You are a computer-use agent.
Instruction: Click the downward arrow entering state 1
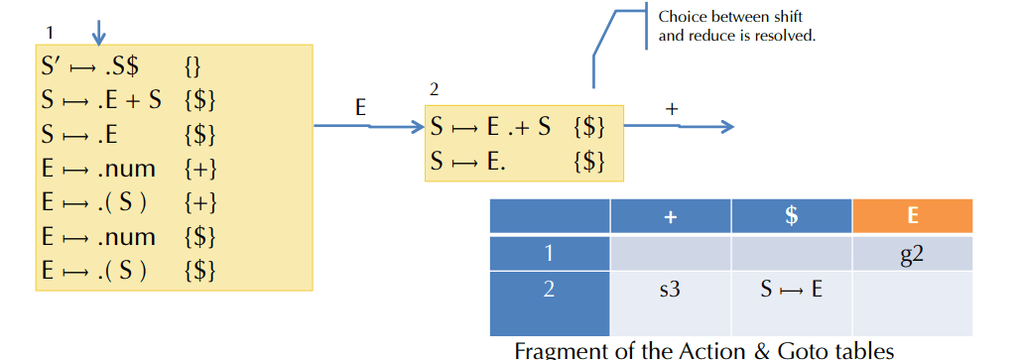98,32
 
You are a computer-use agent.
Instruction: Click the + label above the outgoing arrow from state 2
672,110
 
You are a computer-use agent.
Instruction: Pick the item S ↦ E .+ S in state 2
492,127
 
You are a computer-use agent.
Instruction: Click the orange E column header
912,215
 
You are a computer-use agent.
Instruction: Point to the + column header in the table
670,215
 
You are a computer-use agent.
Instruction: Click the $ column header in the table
791,215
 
